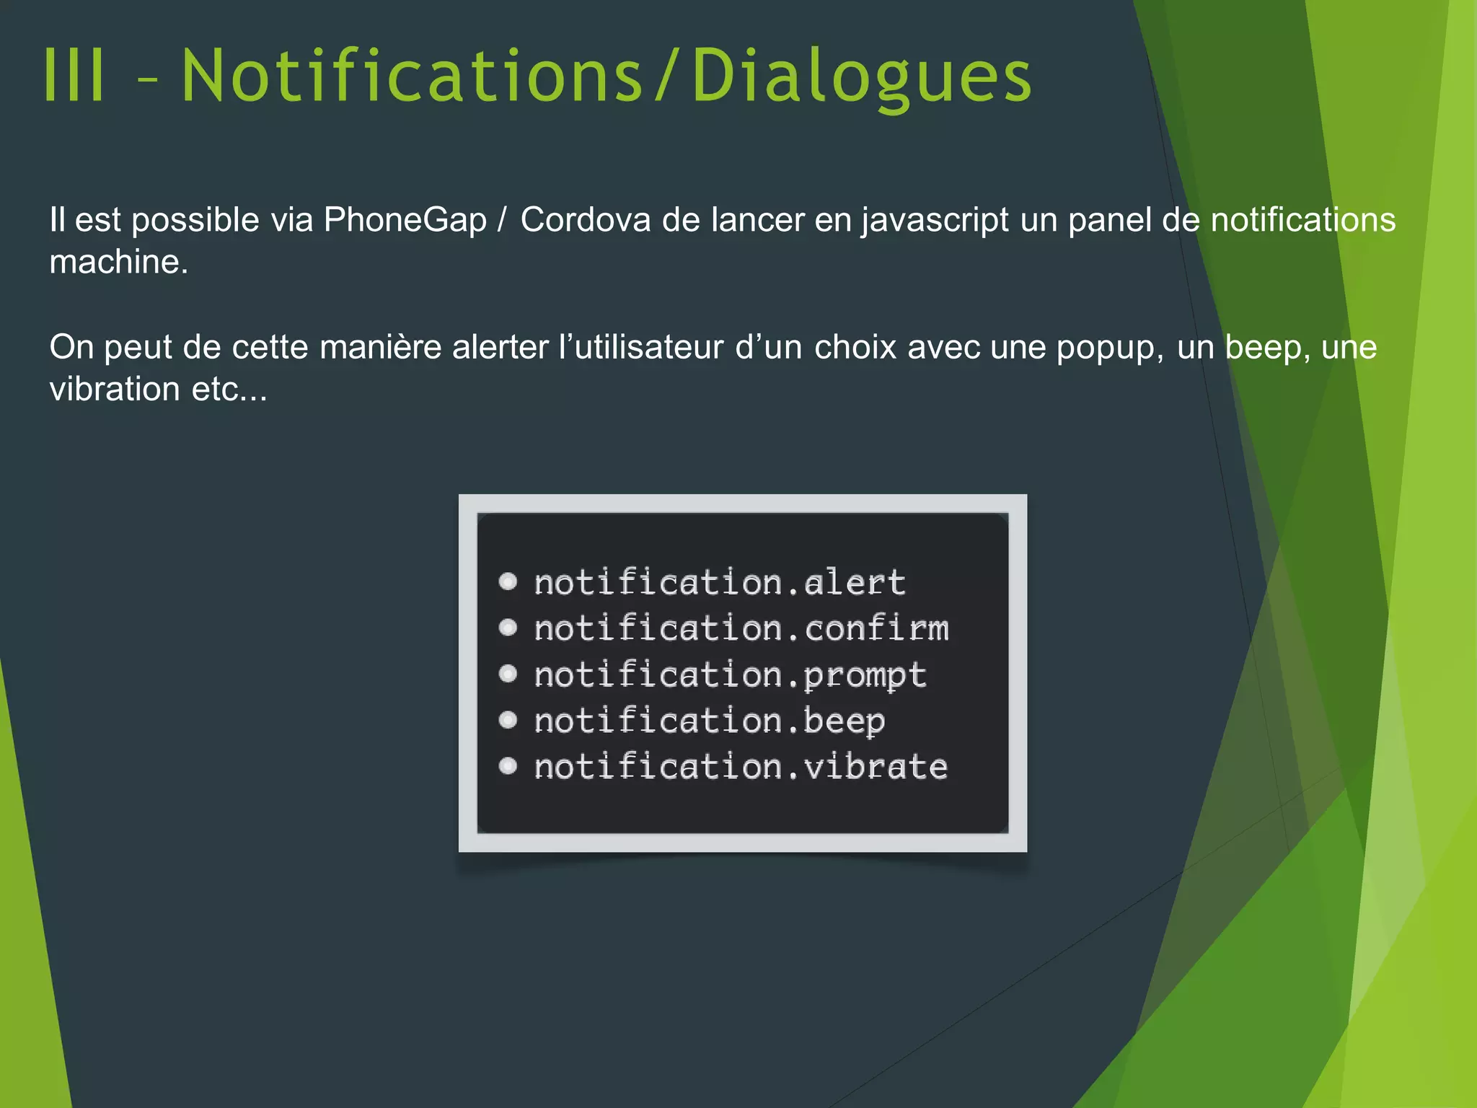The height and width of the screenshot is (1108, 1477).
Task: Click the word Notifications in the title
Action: point(412,76)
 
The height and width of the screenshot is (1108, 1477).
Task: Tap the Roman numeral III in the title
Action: point(74,76)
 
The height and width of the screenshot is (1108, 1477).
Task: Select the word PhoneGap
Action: point(405,219)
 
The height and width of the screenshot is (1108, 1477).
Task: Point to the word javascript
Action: point(935,221)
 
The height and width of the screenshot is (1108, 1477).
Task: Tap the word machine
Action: point(118,262)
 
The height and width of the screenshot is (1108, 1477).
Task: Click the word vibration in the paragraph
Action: point(115,390)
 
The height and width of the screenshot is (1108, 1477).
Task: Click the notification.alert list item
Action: point(719,583)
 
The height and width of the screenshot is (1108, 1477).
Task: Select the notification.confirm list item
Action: point(741,629)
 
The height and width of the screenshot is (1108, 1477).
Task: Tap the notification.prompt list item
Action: point(730,675)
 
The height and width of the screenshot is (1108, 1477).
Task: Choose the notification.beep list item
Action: point(709,721)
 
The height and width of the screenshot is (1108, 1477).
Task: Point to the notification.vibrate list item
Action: point(741,767)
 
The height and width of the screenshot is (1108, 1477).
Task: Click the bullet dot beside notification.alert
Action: point(508,581)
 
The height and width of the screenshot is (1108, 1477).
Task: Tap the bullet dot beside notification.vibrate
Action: point(508,765)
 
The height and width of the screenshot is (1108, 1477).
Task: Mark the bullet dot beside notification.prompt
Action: point(508,674)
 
